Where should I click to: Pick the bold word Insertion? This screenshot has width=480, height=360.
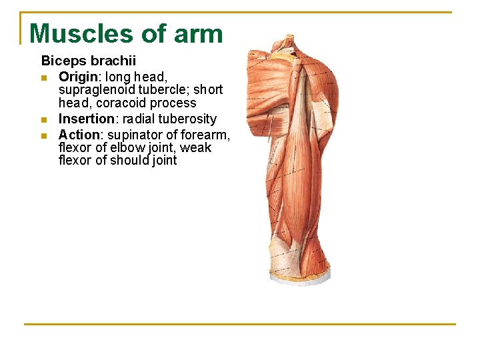87,119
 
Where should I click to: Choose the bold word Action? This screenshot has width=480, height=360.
79,135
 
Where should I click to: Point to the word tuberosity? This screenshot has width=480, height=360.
187,119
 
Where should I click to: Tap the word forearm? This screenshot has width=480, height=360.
207,135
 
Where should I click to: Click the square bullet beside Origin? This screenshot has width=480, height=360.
44,77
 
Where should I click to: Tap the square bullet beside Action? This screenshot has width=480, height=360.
44,135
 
